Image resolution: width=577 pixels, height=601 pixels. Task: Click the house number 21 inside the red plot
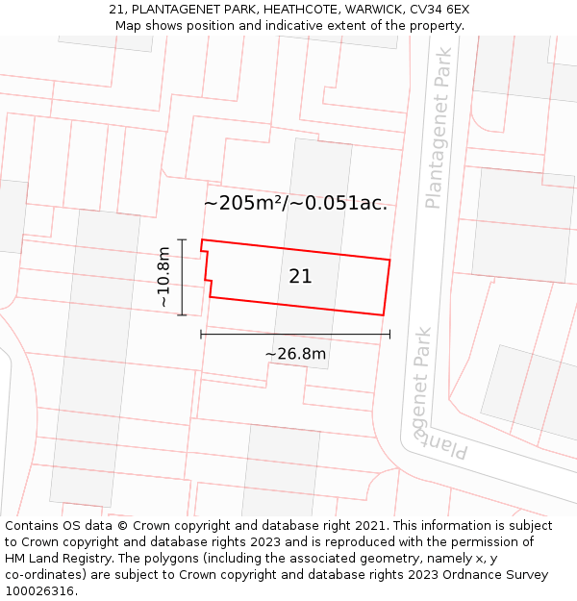click(x=300, y=276)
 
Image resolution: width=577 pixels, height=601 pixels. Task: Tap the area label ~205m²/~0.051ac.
click(x=295, y=203)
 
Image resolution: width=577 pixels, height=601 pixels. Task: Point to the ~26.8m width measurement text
click(x=295, y=354)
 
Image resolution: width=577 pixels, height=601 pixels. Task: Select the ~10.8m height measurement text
click(x=163, y=277)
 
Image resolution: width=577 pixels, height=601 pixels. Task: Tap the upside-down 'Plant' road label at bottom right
click(x=445, y=443)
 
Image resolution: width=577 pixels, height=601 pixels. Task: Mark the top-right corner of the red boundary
click(x=389, y=260)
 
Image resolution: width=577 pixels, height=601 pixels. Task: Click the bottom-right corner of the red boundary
click(x=383, y=314)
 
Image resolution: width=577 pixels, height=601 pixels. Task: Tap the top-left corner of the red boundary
click(x=201, y=240)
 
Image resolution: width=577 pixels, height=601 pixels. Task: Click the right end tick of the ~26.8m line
click(x=389, y=334)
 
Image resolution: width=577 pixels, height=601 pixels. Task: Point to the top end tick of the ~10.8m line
click(x=182, y=239)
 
